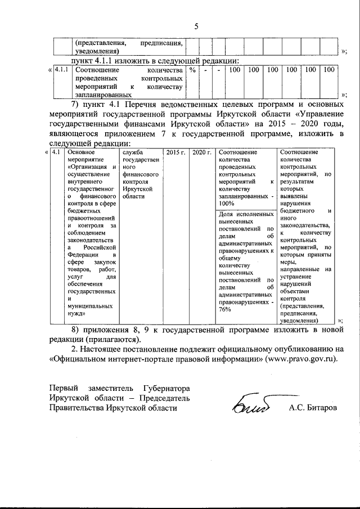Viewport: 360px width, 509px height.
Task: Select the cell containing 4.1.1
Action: pyautogui.click(x=61, y=70)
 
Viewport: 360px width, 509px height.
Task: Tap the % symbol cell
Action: pyautogui.click(x=192, y=70)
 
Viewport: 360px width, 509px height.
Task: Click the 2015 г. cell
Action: pyautogui.click(x=175, y=152)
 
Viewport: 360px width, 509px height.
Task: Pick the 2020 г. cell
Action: pyautogui.click(x=201, y=152)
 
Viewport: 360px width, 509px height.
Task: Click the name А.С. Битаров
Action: pyautogui.click(x=313, y=407)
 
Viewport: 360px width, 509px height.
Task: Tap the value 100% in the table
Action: pyautogui.click(x=226, y=203)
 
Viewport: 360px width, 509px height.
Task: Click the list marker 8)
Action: pyautogui.click(x=76, y=329)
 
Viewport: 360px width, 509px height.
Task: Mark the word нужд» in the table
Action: pyautogui.click(x=77, y=313)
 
